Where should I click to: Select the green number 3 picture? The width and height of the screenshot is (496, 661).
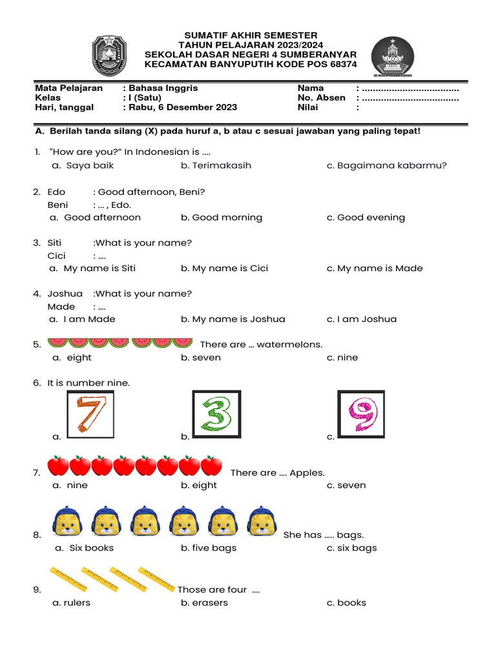click(x=216, y=414)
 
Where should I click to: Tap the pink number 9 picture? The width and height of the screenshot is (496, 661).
click(x=361, y=414)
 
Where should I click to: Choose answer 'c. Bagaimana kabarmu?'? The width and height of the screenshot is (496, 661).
click(x=386, y=165)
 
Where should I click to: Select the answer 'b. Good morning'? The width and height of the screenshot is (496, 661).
click(x=222, y=218)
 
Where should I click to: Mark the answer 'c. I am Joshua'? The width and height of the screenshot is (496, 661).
click(x=362, y=319)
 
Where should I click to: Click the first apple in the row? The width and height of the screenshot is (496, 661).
click(x=59, y=465)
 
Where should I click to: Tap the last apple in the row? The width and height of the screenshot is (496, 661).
click(x=211, y=465)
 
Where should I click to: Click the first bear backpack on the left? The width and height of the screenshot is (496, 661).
click(x=68, y=522)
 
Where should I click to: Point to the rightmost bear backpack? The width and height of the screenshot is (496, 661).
click(x=262, y=522)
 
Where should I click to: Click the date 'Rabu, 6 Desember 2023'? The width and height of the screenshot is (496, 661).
click(x=182, y=108)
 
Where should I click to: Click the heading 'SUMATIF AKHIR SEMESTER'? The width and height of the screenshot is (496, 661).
click(x=251, y=35)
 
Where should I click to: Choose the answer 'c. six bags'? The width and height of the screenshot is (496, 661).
click(x=351, y=548)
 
